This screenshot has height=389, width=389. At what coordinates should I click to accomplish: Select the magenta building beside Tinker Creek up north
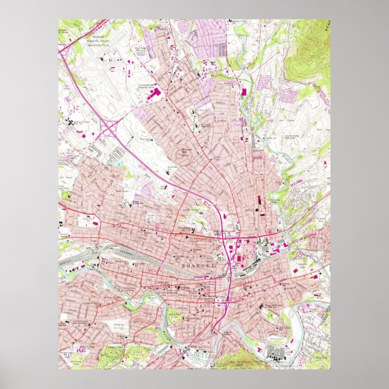pos(244,92)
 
